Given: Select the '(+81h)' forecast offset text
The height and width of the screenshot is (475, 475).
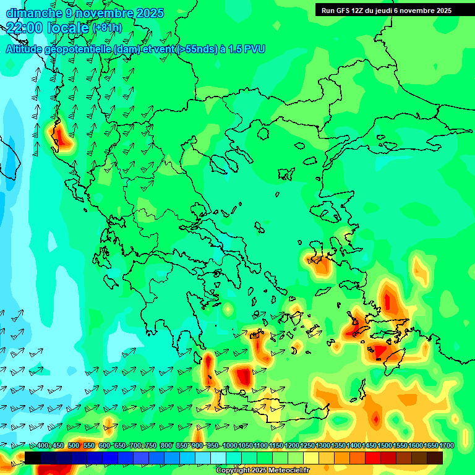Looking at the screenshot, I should tap(107, 28).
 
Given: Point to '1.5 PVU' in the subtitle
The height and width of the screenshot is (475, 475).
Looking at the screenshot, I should tap(247, 49).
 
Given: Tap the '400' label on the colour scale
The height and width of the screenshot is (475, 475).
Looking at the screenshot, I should tap(43, 446).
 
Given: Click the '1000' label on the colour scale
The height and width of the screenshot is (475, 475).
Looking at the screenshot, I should tap(230, 446).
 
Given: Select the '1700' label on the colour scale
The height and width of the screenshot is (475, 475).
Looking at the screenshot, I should tap(447, 446).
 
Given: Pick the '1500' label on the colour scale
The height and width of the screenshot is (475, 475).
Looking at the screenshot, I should tap(385, 446).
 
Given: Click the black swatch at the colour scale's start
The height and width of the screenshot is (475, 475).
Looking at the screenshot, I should tap(33, 458).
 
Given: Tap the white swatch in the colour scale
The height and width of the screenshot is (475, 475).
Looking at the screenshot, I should tap(218, 458).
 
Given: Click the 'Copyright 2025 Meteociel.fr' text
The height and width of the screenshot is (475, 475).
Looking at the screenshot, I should tap(262, 471).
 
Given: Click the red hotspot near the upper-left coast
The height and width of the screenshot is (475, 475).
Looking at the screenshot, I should tap(60, 136).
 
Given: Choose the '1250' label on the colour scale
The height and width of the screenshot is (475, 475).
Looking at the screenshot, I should tap(307, 446).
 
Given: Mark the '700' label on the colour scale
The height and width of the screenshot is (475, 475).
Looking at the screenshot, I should tap(135, 446).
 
